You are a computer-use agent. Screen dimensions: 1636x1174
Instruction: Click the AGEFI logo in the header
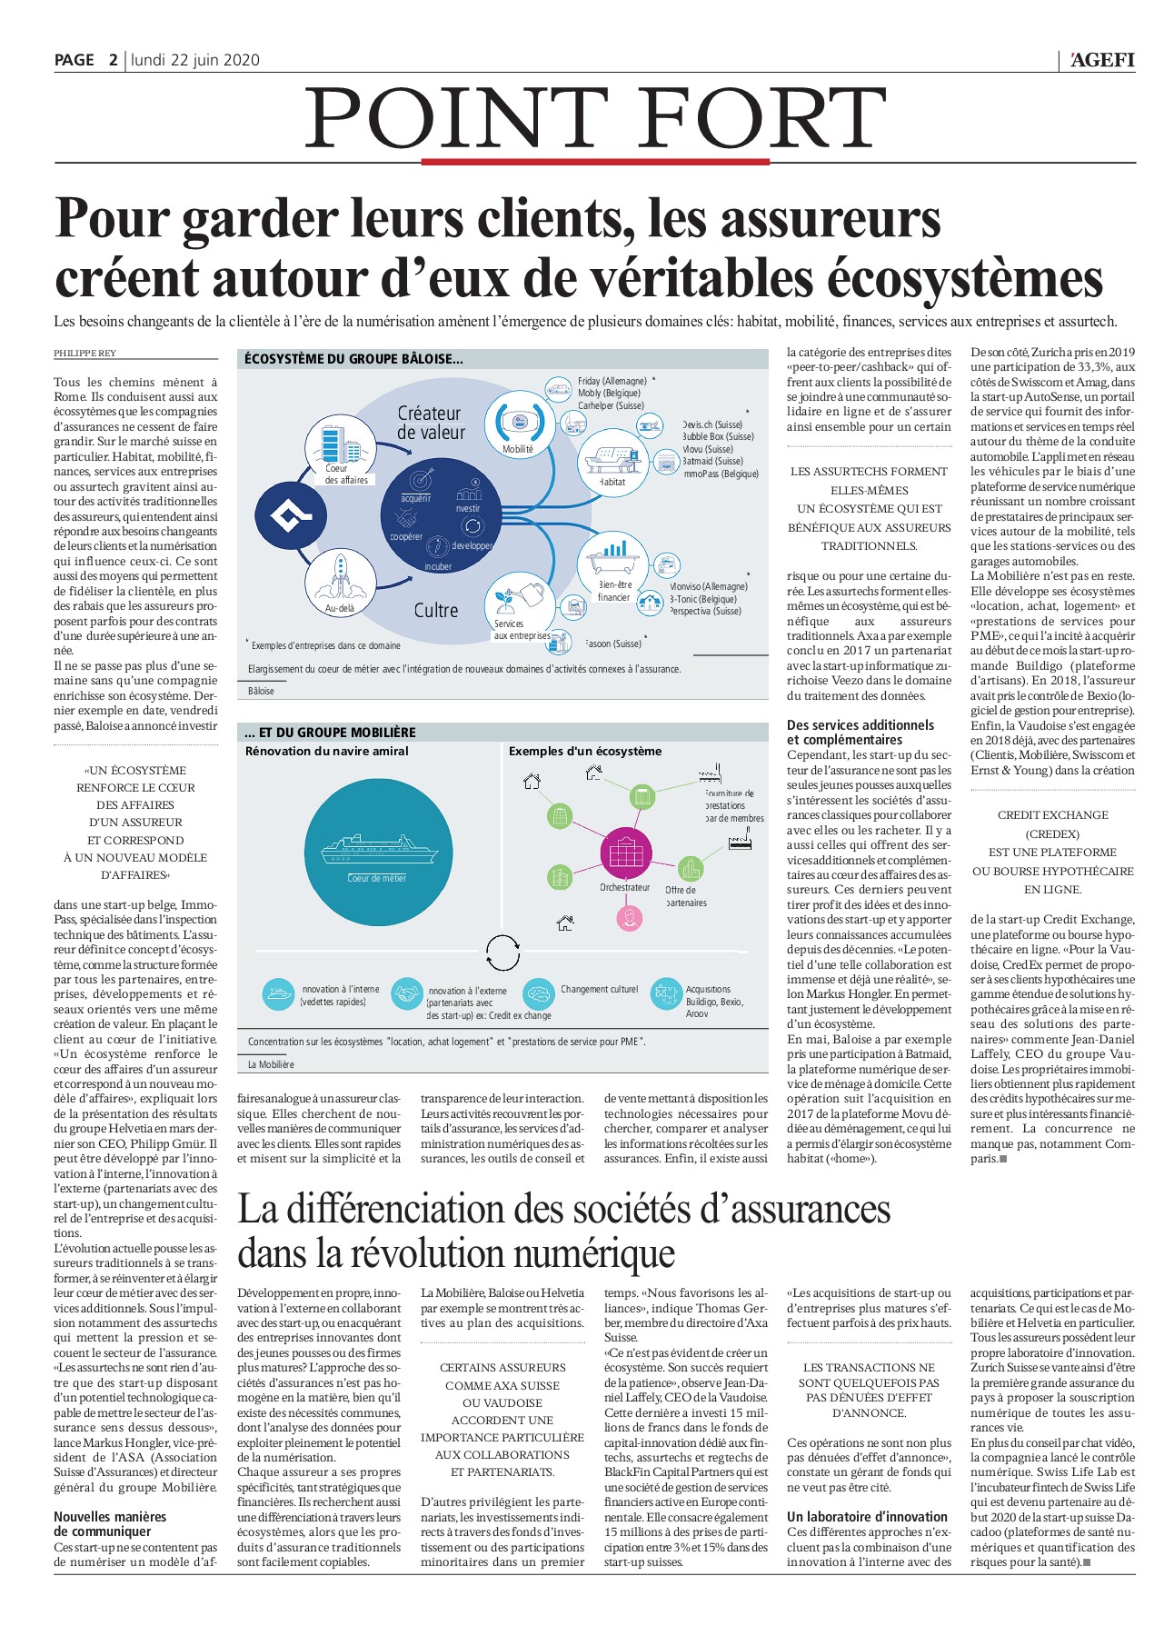[1102, 60]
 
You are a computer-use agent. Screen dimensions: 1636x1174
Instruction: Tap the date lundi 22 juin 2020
[195, 60]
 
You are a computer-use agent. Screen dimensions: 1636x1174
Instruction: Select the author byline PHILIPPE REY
[85, 353]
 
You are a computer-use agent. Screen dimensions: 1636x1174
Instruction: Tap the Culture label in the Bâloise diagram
[436, 611]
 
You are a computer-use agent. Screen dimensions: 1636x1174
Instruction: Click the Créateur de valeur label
[431, 423]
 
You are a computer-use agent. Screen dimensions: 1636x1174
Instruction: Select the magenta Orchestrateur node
[625, 853]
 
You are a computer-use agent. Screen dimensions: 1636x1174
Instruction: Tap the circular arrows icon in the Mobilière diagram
[502, 953]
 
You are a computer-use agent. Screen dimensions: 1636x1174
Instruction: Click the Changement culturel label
[599, 989]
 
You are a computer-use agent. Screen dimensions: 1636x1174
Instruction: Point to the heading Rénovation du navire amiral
[327, 751]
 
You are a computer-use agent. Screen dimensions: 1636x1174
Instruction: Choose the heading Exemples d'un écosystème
[585, 751]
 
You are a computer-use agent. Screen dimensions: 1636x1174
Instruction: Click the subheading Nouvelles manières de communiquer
[109, 1523]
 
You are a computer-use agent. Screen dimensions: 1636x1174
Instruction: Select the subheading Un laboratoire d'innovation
[867, 1516]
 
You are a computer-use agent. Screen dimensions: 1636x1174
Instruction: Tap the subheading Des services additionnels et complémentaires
[860, 732]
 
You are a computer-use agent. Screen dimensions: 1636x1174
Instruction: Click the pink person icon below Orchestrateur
[629, 917]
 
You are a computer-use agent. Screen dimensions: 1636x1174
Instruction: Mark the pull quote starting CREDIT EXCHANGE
[1052, 852]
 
